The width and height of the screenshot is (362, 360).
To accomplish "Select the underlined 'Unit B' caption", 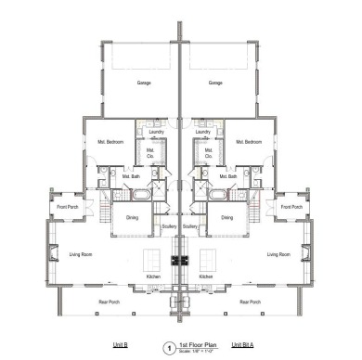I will [x=120, y=344].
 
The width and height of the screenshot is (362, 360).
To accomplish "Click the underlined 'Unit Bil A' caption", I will [x=244, y=344].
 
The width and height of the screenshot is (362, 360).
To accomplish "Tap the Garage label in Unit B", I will [x=144, y=83].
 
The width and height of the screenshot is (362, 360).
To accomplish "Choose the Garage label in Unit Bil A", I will [x=215, y=83].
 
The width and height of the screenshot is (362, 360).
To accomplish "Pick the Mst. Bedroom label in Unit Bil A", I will [x=249, y=142].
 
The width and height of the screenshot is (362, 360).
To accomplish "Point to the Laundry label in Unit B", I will [x=156, y=132].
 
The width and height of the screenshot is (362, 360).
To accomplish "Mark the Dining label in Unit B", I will [x=132, y=219].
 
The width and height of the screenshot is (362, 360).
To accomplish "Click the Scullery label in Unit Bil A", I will [x=191, y=226].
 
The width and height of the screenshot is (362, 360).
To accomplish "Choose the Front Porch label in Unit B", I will [x=67, y=206].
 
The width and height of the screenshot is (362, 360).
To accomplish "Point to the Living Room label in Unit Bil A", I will [x=279, y=253].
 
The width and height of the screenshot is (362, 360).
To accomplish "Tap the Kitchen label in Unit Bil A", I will [x=206, y=276].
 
